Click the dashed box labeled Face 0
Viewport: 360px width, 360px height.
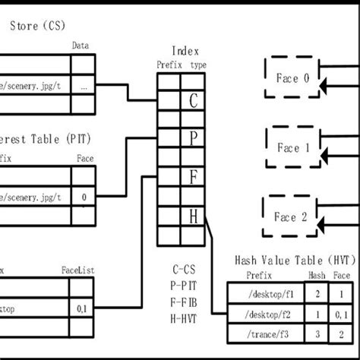292,77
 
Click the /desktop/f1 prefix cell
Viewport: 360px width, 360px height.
266,292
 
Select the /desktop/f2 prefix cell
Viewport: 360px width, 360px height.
266,313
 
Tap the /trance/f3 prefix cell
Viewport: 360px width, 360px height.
266,333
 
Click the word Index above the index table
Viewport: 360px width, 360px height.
185,52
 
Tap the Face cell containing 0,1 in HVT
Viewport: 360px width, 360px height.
344,313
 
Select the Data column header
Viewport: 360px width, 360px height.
81,46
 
